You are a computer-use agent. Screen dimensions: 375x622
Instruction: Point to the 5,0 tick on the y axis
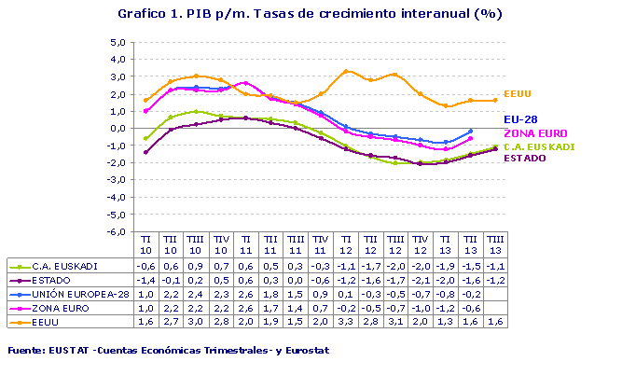click(117, 43)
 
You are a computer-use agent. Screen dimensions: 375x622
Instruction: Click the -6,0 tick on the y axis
click(116, 231)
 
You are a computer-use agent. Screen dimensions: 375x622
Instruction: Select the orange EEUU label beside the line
click(518, 93)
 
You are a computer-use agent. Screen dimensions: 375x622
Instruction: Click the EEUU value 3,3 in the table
click(346, 323)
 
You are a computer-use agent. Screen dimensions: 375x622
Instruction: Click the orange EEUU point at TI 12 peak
click(346, 71)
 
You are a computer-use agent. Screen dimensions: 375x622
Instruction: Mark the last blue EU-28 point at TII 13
click(470, 132)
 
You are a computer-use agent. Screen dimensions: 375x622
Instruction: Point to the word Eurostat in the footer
click(304, 351)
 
